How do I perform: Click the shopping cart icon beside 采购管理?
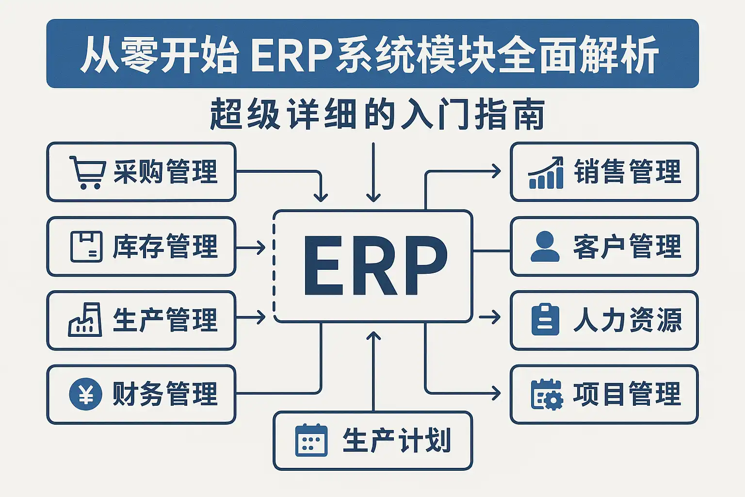(x=87, y=172)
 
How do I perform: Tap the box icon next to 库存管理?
(x=86, y=247)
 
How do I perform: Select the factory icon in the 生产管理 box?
(x=85, y=320)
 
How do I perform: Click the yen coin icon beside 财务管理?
(x=86, y=394)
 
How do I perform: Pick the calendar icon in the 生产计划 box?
(x=311, y=440)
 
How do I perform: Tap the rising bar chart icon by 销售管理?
(x=546, y=173)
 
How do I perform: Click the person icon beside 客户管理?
(x=545, y=246)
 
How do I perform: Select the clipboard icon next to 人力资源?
(x=545, y=320)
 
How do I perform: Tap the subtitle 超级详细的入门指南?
(x=377, y=115)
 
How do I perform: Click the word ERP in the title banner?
(x=291, y=54)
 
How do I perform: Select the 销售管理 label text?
(x=628, y=172)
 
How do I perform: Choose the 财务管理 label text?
(x=165, y=394)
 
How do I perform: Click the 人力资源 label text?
(x=628, y=320)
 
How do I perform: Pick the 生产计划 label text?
(x=397, y=440)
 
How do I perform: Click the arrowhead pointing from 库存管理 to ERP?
(x=262, y=248)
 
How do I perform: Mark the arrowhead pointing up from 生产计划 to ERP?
(x=373, y=336)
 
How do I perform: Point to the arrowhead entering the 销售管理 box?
(x=497, y=171)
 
